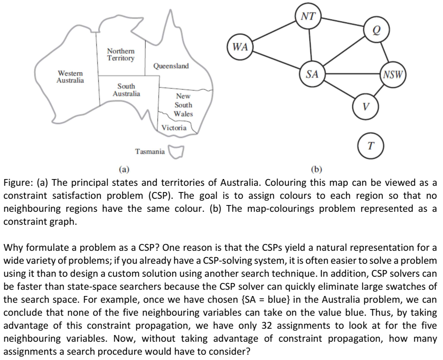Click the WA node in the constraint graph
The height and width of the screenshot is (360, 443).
(240, 48)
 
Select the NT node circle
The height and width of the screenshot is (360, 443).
(308, 16)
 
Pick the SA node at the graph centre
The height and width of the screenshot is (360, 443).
(312, 75)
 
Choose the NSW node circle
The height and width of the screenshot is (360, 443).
(393, 75)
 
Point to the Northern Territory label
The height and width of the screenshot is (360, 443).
(121, 54)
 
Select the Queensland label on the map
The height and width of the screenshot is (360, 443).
(171, 66)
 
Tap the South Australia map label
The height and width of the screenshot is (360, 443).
(126, 90)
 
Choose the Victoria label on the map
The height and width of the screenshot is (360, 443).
(174, 128)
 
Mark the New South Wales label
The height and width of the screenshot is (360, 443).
(183, 105)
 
